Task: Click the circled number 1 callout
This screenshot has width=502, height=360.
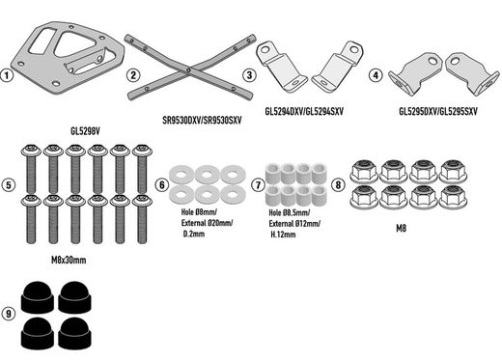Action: [7, 76]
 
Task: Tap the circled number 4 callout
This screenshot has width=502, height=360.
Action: [376, 75]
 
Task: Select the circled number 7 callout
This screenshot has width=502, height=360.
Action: [259, 185]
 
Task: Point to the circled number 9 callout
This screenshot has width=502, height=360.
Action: [9, 314]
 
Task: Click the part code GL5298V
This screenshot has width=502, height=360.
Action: [85, 131]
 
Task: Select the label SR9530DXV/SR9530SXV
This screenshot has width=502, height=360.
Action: [202, 121]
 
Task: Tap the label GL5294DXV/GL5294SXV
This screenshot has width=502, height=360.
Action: [304, 111]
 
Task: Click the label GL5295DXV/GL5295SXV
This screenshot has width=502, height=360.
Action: [438, 111]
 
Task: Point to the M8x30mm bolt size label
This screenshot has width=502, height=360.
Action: [69, 260]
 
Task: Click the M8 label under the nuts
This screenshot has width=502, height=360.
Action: [401, 228]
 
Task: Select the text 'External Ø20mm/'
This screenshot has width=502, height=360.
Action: [207, 223]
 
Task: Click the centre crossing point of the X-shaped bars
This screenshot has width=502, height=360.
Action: [189, 69]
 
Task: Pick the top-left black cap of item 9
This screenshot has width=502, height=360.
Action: [38, 297]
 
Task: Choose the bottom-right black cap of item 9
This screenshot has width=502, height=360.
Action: [74, 333]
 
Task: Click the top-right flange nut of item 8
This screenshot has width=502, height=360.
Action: [453, 171]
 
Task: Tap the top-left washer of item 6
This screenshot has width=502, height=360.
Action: [181, 175]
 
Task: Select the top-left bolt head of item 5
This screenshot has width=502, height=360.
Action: [31, 150]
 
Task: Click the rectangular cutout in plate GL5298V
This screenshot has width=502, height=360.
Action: [42, 41]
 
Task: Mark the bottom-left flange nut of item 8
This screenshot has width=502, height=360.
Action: [364, 196]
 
